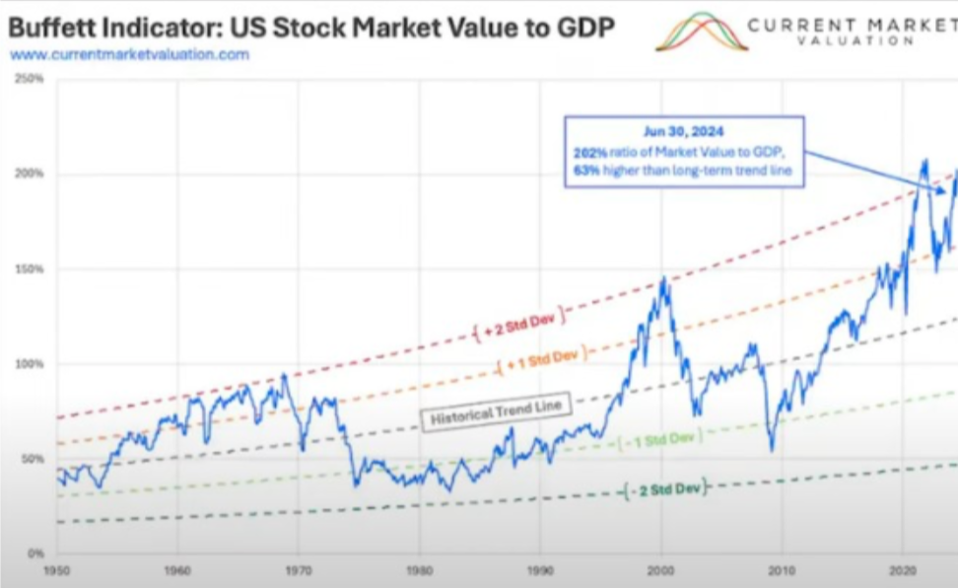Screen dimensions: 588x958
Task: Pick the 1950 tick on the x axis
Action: [57, 571]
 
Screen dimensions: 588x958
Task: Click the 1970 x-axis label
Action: [299, 571]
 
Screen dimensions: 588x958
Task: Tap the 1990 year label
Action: [540, 571]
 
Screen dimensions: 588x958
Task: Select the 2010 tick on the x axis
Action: [782, 571]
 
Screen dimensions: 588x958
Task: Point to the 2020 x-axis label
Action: [903, 571]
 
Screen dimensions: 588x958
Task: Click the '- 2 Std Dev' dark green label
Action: [665, 489]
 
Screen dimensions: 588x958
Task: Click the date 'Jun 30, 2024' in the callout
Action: [684, 130]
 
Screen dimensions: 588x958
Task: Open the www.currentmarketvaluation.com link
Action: [128, 54]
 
